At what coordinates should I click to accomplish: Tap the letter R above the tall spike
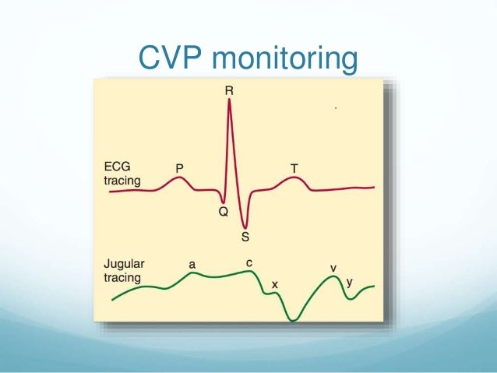click(229, 90)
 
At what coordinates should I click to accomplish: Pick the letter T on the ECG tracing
click(294, 167)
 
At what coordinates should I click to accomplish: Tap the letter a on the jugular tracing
click(192, 264)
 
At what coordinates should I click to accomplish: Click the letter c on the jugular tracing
click(248, 263)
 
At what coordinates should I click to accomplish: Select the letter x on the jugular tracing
click(274, 285)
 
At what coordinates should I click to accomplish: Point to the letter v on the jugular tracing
click(333, 268)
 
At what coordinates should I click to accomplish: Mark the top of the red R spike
click(229, 100)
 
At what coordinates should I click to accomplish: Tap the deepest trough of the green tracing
click(293, 319)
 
